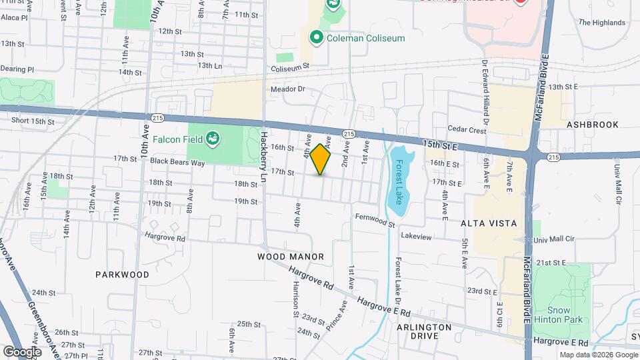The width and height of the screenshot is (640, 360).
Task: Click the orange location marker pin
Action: click(x=321, y=159)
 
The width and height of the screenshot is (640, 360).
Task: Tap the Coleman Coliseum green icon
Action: click(x=316, y=38)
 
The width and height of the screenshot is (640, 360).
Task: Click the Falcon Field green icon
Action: click(x=213, y=139)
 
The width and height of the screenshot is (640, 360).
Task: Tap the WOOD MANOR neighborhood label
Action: click(x=290, y=257)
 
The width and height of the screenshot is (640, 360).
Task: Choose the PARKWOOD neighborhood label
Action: click(x=122, y=274)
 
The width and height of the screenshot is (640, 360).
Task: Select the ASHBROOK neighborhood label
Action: click(x=592, y=125)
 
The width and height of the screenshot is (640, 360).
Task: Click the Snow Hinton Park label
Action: click(x=565, y=315)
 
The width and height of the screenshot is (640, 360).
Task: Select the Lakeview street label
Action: click(x=416, y=237)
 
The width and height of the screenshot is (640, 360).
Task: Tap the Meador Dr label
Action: click(x=287, y=89)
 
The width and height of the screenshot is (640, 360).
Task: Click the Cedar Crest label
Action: click(x=467, y=131)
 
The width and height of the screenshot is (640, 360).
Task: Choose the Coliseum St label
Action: click(x=290, y=67)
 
